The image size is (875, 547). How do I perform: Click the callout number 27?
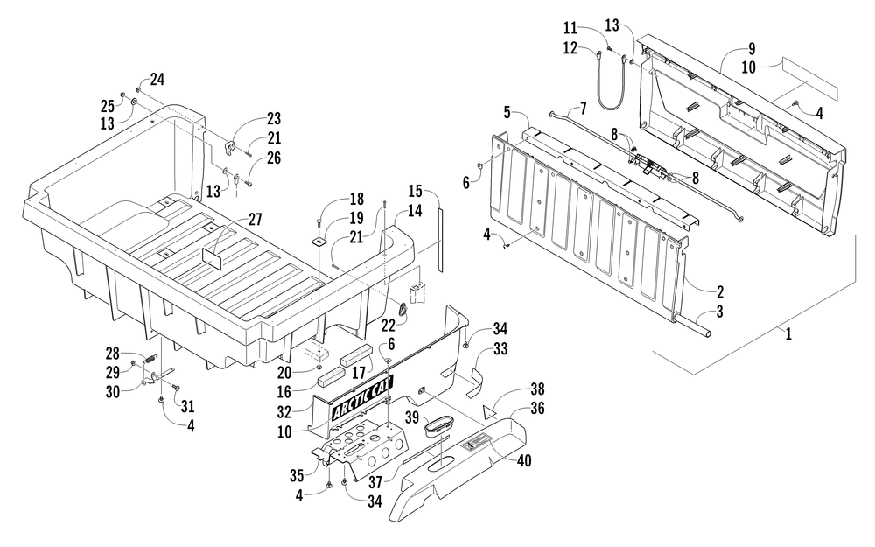click(255, 220)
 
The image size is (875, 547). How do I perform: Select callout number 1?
click(788, 333)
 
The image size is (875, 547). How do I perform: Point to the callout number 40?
click(524, 460)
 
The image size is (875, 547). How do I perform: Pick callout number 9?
click(752, 49)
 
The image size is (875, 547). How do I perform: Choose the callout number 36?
click(537, 408)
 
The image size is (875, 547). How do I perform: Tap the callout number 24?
click(157, 80)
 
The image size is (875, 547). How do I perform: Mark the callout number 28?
click(113, 354)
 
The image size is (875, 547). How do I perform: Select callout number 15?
click(415, 191)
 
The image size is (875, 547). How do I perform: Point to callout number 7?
click(583, 108)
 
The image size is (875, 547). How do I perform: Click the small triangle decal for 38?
click(490, 412)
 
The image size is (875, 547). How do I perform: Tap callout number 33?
click(500, 349)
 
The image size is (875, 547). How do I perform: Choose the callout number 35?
click(297, 475)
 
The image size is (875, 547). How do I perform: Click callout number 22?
click(388, 325)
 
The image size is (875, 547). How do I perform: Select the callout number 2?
click(720, 291)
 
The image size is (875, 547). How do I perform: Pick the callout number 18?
click(356, 200)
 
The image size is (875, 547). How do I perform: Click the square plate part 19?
click(320, 242)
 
